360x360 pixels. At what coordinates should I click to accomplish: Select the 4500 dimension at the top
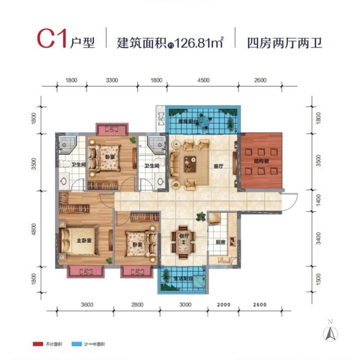(203, 81)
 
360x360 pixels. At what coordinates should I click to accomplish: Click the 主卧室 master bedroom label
(84, 240)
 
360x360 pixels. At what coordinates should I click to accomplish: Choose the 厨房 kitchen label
(220, 242)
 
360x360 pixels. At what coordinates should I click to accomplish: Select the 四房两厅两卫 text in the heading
(285, 43)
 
